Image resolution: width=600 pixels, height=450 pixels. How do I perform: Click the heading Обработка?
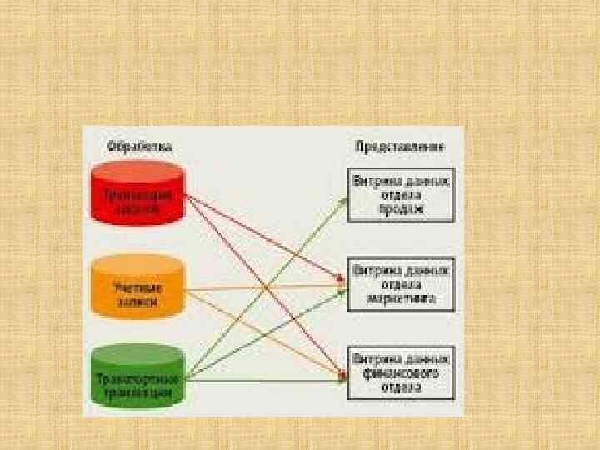pyautogui.click(x=139, y=146)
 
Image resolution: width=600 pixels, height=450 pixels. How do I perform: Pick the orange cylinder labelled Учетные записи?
pyautogui.click(x=138, y=288)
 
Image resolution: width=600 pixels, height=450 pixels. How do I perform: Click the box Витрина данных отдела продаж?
pyautogui.click(x=401, y=195)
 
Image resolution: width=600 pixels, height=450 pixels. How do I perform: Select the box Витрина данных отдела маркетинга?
pyautogui.click(x=401, y=284)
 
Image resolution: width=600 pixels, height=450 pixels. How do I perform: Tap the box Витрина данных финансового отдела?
pyautogui.click(x=401, y=372)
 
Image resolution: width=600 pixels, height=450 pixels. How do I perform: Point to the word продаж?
pyautogui.click(x=401, y=209)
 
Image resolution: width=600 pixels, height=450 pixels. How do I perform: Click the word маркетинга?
pyautogui.click(x=401, y=298)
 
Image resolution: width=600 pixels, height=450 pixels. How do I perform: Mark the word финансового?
pyautogui.click(x=401, y=372)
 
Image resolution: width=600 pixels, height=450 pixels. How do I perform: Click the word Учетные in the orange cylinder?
pyautogui.click(x=138, y=282)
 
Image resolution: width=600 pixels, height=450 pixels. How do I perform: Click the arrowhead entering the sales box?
pyautogui.click(x=344, y=199)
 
